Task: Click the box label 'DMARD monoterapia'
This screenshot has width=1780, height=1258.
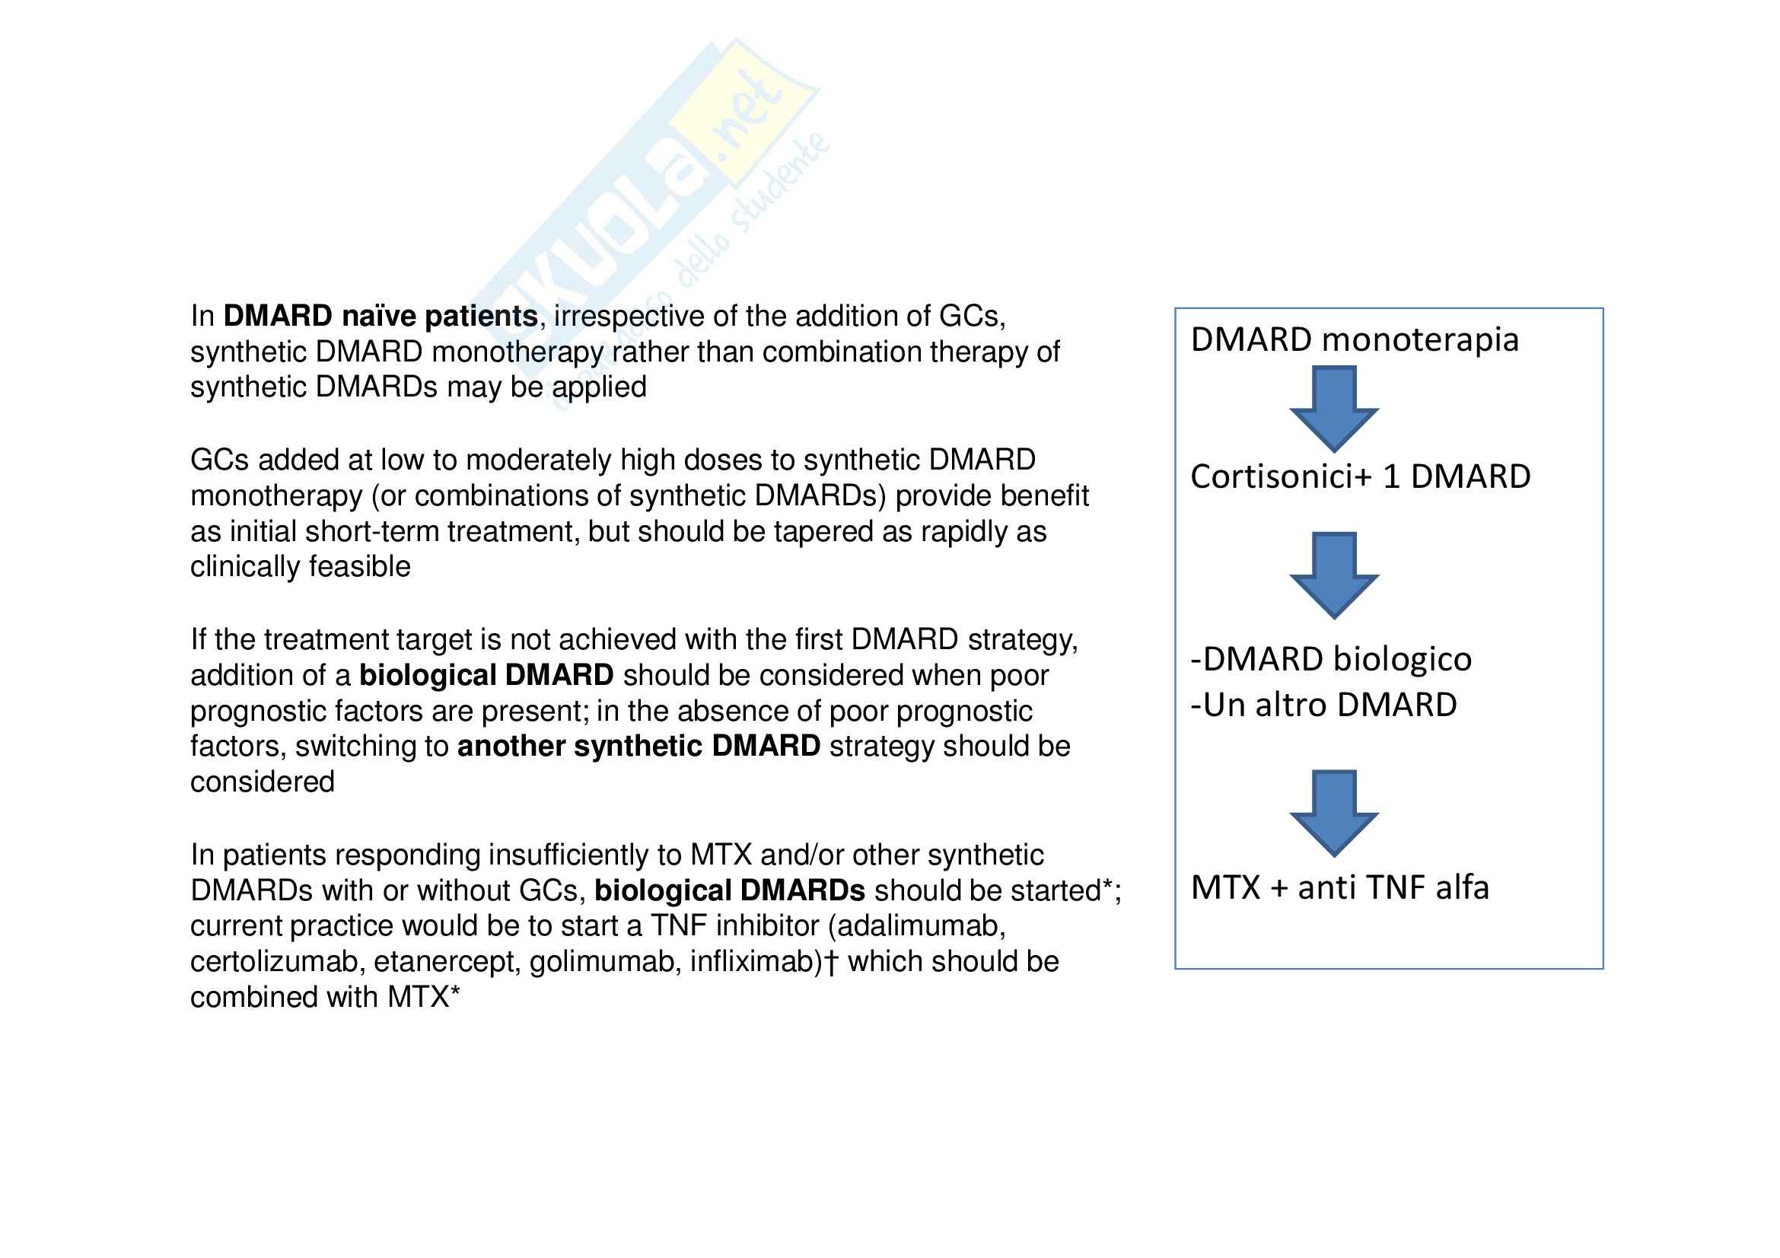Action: tap(1354, 339)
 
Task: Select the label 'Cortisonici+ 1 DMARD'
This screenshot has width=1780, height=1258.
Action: tap(1360, 476)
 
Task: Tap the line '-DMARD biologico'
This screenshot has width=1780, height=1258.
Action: tap(1330, 659)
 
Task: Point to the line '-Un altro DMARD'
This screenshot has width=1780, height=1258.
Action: tap(1323, 705)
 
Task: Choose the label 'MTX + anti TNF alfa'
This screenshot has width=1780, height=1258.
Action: tap(1339, 887)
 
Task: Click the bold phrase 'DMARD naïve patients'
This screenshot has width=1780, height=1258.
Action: tap(380, 317)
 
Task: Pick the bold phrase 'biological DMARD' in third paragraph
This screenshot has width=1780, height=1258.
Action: tap(486, 676)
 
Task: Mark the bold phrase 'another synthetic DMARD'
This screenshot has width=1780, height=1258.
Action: tap(638, 747)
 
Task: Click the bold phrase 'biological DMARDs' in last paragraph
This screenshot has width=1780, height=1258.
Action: tap(730, 891)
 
